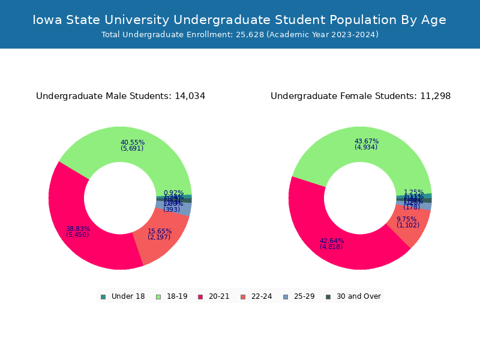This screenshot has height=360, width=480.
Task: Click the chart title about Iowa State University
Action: (x=239, y=20)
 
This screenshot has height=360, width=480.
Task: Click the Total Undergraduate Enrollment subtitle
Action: (x=239, y=35)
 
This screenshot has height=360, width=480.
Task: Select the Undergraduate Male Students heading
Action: (x=121, y=96)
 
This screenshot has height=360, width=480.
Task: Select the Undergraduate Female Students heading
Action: (x=361, y=96)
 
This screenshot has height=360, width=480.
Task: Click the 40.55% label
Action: (x=133, y=143)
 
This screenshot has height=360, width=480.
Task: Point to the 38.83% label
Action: (x=78, y=229)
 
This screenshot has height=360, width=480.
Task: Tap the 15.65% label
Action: (x=159, y=232)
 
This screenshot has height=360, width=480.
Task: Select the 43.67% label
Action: (x=367, y=142)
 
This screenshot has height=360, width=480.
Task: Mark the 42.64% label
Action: (x=332, y=241)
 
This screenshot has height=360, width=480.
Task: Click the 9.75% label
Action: (x=406, y=220)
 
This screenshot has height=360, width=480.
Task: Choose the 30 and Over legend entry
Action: (x=353, y=296)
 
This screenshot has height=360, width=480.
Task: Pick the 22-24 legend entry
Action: (x=256, y=296)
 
